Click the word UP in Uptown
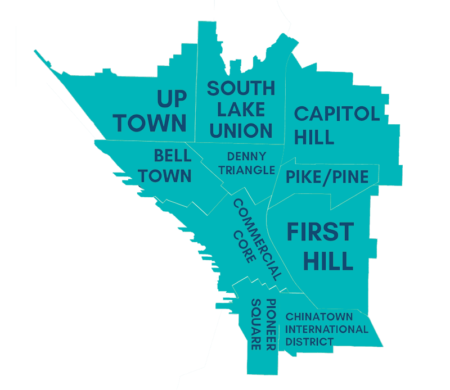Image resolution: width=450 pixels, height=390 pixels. (172, 99)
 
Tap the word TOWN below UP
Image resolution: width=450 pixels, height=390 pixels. (152, 123)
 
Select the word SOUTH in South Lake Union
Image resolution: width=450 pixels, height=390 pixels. (241, 89)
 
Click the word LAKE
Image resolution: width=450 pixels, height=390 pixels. (241, 110)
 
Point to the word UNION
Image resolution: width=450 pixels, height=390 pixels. (241, 131)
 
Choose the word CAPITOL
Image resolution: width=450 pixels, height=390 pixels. (337, 114)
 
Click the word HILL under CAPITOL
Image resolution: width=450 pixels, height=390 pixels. (314, 137)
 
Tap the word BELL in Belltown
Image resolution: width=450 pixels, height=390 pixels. (173, 155)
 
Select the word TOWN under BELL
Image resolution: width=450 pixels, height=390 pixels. (165, 176)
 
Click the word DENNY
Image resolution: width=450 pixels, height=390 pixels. (246, 156)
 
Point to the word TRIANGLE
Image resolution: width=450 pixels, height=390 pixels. (246, 170)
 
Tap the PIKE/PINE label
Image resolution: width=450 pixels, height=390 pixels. (327, 178)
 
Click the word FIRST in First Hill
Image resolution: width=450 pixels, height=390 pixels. (321, 232)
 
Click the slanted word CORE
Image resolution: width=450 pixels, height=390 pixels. (244, 247)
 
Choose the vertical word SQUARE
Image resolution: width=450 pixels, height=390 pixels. (256, 325)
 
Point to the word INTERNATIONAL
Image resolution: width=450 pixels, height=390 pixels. (326, 329)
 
